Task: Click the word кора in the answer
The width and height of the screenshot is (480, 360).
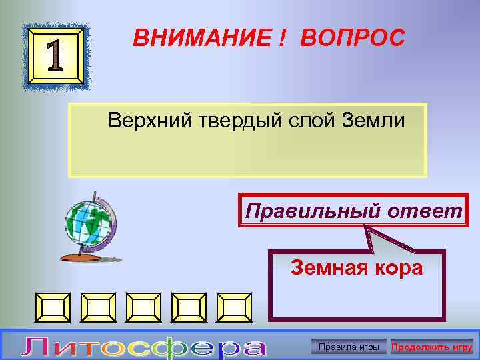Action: point(398,268)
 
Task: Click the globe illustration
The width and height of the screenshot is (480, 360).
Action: point(89,223)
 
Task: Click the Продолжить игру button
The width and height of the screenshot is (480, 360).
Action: point(432,347)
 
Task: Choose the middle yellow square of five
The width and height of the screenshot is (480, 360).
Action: point(145,307)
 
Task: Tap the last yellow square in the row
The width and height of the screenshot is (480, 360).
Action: point(235,307)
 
